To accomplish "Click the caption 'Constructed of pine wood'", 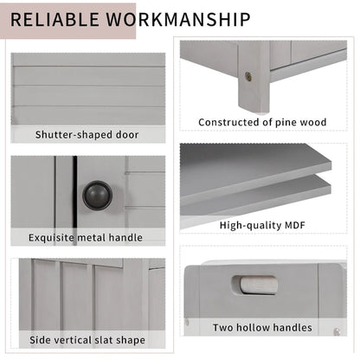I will (262, 123).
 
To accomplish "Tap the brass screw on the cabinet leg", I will (248, 76).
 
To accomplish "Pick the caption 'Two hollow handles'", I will (261, 327).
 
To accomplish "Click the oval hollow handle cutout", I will (254, 285).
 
